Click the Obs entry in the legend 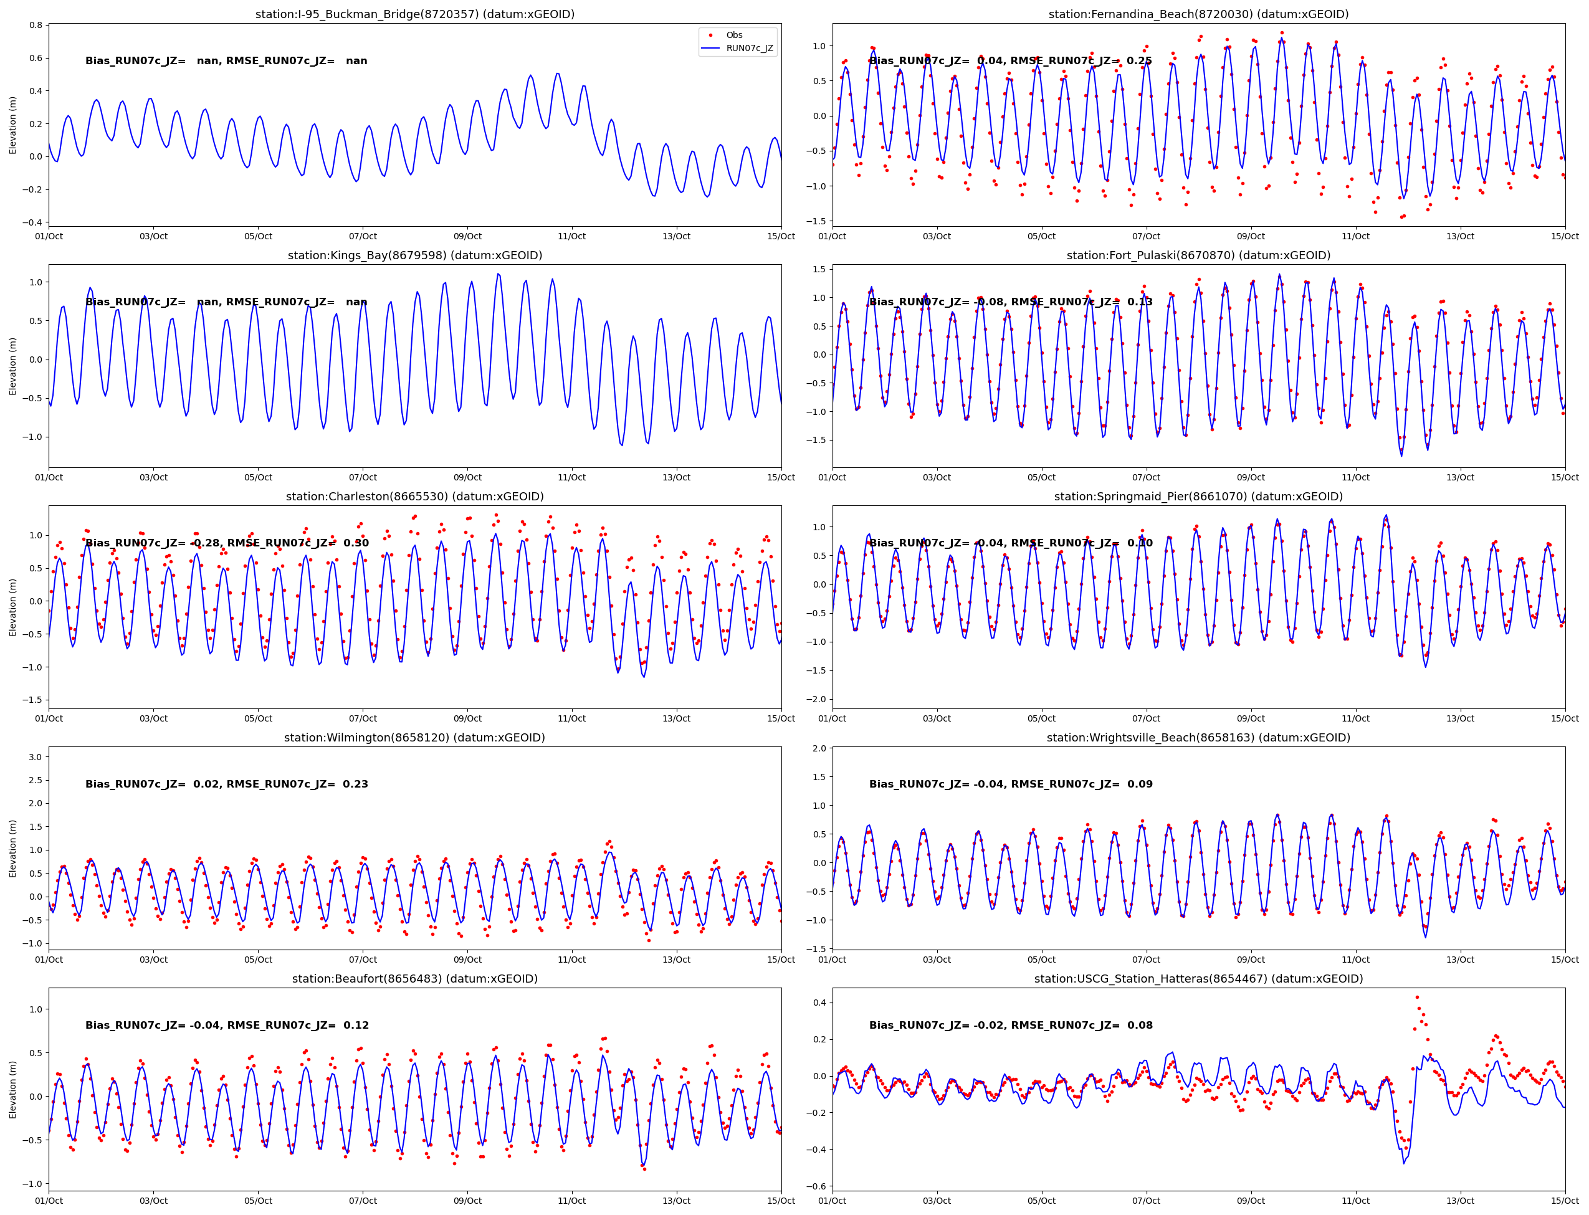coord(733,35)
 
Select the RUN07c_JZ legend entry coord(748,49)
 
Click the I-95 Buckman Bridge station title coord(414,14)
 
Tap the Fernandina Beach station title coord(1198,14)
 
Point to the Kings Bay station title coord(414,255)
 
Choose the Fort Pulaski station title coord(1198,255)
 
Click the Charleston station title coord(414,496)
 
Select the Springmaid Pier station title coord(1198,496)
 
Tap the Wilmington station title coord(414,738)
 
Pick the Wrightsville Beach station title coord(1198,738)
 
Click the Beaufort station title coord(414,978)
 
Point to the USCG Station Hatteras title coord(1198,978)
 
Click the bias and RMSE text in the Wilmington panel coord(226,784)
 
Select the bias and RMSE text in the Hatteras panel coord(1010,1025)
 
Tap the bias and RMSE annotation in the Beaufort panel coord(226,1025)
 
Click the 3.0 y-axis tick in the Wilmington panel coord(34,756)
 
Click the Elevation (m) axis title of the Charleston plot coord(12,607)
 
